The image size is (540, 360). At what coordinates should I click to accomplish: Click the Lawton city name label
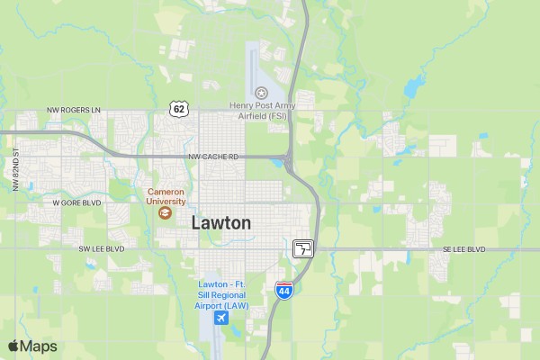[x=221, y=222]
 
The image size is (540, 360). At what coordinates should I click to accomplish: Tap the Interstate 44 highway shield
[x=283, y=292]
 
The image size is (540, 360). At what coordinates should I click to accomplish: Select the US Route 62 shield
[x=178, y=109]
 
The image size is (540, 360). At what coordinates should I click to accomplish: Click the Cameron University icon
[x=165, y=213]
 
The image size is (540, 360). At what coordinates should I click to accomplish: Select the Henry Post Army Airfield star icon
[x=261, y=93]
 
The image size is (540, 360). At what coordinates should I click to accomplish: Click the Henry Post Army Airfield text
[x=262, y=111]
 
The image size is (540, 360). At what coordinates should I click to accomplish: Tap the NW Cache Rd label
[x=213, y=157]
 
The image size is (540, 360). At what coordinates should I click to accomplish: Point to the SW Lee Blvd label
[x=101, y=248]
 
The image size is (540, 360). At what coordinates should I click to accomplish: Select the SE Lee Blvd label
[x=463, y=249]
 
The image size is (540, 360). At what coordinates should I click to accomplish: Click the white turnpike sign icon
[x=303, y=248]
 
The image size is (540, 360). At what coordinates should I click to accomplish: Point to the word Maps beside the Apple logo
[x=40, y=346]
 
